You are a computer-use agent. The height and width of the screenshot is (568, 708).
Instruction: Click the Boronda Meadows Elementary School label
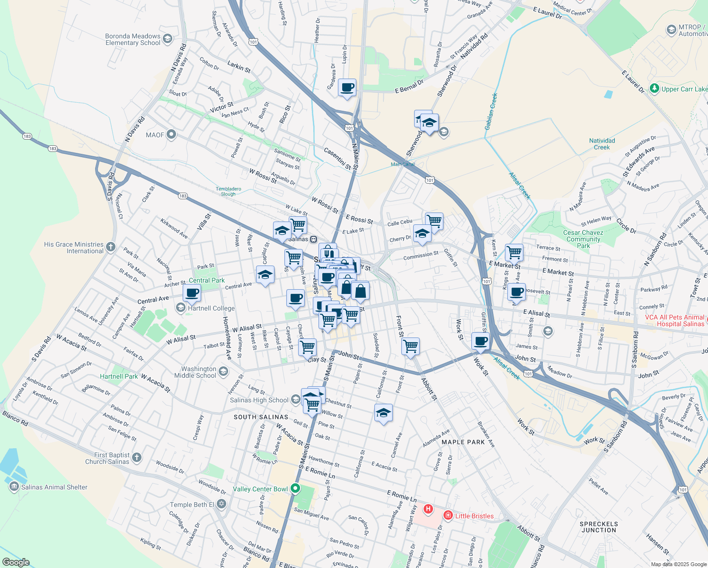click(133, 39)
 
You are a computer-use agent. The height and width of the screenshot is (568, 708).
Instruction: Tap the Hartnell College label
click(211, 308)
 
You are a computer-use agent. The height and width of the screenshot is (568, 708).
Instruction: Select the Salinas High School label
click(259, 400)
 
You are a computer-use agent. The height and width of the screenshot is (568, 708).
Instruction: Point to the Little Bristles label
click(474, 516)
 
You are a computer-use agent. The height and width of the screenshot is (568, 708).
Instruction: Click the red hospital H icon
click(428, 509)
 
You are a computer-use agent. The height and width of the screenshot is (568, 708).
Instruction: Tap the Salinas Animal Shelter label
click(54, 487)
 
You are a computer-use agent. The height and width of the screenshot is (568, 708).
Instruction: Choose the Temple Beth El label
click(192, 505)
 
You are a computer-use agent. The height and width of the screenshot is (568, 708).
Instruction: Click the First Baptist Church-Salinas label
click(107, 458)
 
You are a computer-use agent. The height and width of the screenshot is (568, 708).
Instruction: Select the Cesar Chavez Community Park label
click(583, 239)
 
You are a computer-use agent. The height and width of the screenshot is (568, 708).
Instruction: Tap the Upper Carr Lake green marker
click(655, 89)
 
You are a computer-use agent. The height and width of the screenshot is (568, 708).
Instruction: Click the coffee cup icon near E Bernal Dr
click(347, 88)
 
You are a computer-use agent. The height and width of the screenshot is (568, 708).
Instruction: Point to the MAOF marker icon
click(171, 135)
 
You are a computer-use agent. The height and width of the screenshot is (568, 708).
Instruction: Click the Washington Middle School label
click(199, 372)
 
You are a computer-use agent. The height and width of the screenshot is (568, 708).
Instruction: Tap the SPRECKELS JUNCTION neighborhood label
click(599, 527)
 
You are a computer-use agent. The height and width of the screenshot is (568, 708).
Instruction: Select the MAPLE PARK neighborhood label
click(463, 442)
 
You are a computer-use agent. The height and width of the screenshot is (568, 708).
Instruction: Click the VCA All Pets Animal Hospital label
click(674, 320)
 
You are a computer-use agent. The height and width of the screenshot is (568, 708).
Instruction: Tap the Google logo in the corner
click(16, 562)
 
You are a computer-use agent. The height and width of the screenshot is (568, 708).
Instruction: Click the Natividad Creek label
click(602, 144)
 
